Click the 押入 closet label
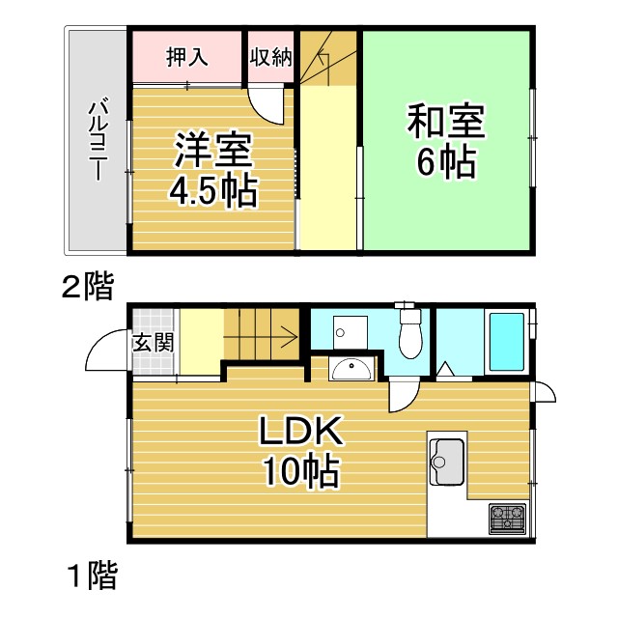tap(186, 57)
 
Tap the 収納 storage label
tap(270, 57)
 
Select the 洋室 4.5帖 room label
tap(213, 171)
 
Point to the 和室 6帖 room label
tap(445, 143)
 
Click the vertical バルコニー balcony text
tap(97, 140)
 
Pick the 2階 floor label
tap(87, 287)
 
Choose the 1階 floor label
tap(92, 576)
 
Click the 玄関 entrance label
tap(153, 341)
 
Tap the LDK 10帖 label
tap(298, 449)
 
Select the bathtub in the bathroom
tap(506, 341)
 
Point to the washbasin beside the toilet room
tap(351, 369)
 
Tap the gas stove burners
tap(508, 519)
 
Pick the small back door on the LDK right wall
tap(544, 391)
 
